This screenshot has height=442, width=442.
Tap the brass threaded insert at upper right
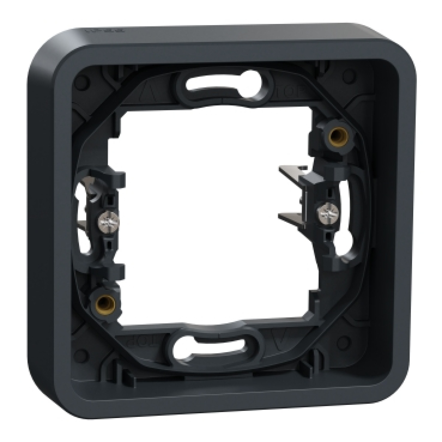click(x=335, y=135)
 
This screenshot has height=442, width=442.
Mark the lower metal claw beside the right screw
click(x=291, y=215)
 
